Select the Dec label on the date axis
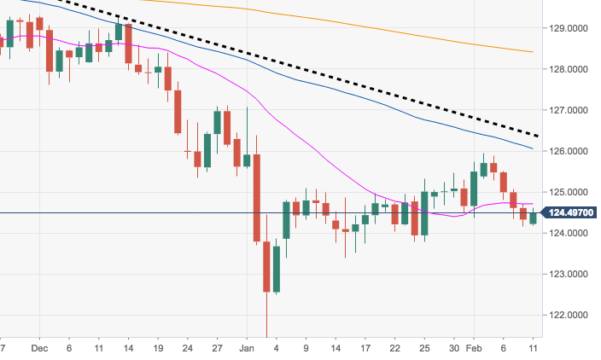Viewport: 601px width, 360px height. (38, 349)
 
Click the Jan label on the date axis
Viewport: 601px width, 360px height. (247, 349)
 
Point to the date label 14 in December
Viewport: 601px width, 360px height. (128, 349)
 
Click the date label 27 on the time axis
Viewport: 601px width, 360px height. (218, 349)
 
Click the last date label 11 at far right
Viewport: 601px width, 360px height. (533, 349)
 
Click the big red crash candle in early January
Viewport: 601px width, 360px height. (256, 197)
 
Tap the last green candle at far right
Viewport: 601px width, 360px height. (533, 218)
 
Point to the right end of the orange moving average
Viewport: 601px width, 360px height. (533, 52)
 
